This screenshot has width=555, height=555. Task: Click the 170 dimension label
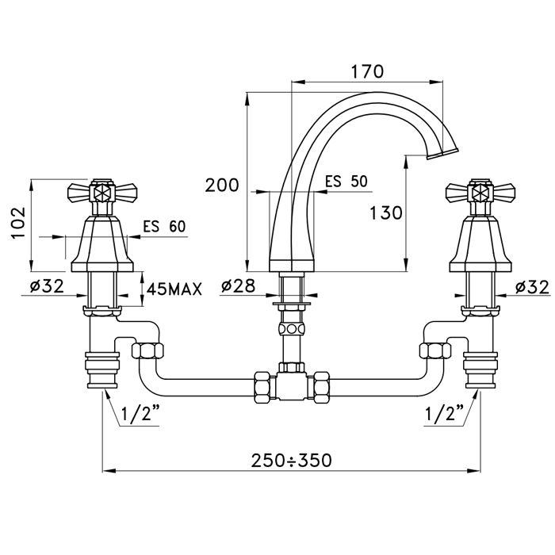click(x=367, y=71)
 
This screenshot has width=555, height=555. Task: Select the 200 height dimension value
click(x=222, y=185)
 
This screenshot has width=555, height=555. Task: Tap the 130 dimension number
click(x=386, y=213)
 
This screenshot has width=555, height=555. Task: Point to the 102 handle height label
click(x=19, y=223)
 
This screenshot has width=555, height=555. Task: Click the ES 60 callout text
click(x=164, y=227)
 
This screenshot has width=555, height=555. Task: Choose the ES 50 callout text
click(x=346, y=182)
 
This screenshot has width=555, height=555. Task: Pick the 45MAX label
click(x=174, y=289)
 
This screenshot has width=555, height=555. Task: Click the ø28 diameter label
click(x=238, y=286)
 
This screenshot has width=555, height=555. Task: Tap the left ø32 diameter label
click(x=47, y=286)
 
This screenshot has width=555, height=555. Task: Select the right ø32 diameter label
click(x=532, y=287)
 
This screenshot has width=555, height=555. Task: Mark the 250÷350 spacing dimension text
click(x=291, y=460)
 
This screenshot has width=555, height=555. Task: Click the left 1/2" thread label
click(x=140, y=413)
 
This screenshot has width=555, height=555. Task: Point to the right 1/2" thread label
click(x=444, y=413)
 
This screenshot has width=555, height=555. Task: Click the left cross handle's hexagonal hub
click(x=102, y=193)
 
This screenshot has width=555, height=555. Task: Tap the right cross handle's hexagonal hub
click(x=480, y=193)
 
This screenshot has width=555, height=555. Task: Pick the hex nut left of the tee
click(x=265, y=387)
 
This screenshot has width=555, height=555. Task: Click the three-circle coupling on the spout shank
click(x=291, y=329)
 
